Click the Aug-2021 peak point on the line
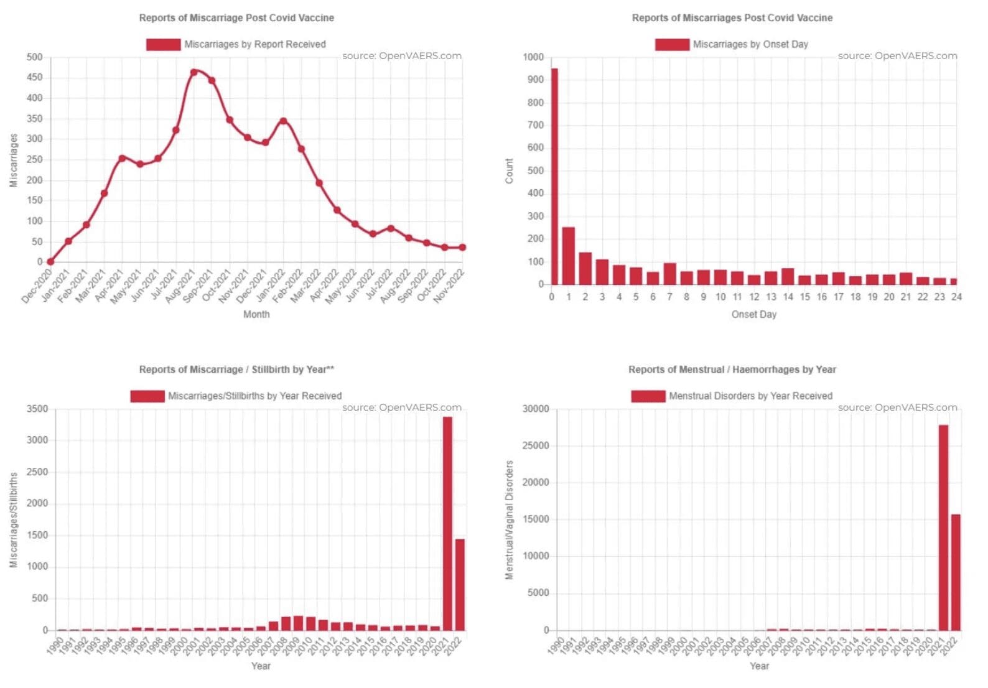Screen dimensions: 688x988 (x=194, y=72)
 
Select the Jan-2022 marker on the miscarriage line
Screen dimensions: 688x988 (x=284, y=121)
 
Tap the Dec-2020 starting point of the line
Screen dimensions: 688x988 (x=50, y=262)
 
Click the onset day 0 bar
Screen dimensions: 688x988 (x=554, y=177)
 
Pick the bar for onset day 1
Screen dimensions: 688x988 (x=568, y=256)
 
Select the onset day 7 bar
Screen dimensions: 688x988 (x=669, y=274)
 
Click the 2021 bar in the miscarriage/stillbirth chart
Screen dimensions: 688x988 (x=447, y=523)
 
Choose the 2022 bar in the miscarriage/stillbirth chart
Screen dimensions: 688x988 (x=460, y=584)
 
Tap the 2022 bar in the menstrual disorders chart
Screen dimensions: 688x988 (x=956, y=572)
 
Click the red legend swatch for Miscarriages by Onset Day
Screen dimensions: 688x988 (x=672, y=44)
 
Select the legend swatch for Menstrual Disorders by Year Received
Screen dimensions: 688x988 (x=648, y=396)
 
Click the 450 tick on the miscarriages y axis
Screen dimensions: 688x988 (x=35, y=77)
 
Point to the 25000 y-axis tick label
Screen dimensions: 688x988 (x=536, y=445)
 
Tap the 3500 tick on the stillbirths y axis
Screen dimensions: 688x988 (x=37, y=409)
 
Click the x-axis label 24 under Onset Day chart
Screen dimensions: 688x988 (x=956, y=297)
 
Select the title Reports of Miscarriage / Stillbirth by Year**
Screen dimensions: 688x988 (x=236, y=370)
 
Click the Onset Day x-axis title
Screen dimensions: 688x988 (x=753, y=314)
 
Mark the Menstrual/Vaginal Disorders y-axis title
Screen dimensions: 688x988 (x=510, y=520)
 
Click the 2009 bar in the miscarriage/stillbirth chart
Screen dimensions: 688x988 (x=298, y=623)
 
